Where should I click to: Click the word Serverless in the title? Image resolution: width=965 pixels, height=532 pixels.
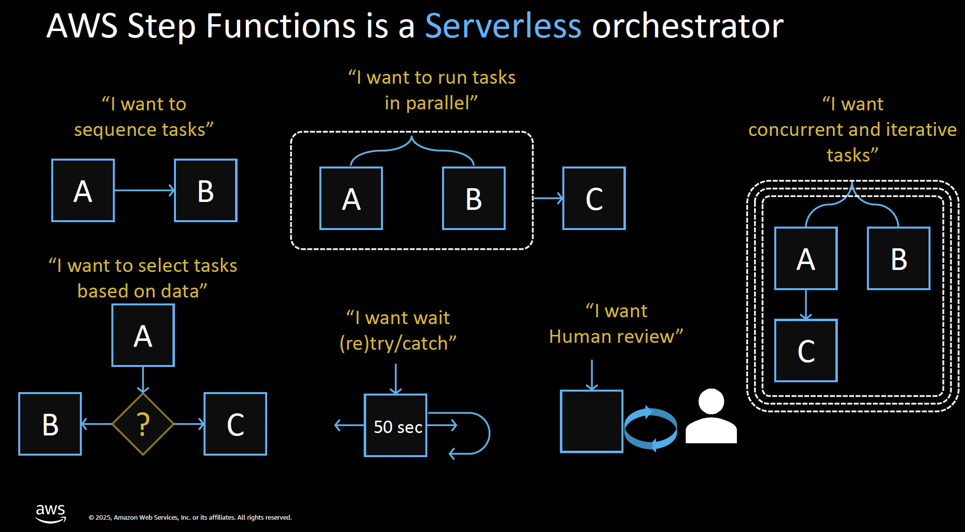tap(503, 26)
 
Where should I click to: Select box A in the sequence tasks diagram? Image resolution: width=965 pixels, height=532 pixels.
tap(83, 190)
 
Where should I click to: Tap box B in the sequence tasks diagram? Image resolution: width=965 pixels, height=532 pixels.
tap(206, 190)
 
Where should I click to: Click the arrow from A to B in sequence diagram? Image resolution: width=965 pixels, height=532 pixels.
tap(144, 190)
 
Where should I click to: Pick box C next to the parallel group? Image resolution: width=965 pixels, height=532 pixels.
tap(594, 198)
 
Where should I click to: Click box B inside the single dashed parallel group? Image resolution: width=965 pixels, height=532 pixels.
tap(474, 198)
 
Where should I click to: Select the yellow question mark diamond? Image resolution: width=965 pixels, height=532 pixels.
tap(143, 424)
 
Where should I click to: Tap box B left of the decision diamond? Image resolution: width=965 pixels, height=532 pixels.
tap(50, 424)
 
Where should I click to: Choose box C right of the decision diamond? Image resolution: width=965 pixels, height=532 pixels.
tap(235, 424)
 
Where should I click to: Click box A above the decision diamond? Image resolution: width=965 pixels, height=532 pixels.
tap(143, 335)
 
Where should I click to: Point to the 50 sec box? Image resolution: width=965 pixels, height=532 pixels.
tap(395, 425)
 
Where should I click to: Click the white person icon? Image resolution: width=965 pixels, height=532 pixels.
tap(711, 416)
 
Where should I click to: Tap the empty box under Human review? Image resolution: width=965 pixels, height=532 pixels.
tap(591, 421)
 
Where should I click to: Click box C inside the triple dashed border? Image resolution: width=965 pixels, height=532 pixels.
tap(806, 350)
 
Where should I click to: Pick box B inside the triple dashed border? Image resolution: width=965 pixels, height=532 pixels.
tap(898, 258)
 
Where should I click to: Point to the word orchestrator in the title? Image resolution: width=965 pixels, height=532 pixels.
tap(688, 26)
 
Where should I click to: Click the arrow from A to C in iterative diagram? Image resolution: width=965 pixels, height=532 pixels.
tap(806, 304)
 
